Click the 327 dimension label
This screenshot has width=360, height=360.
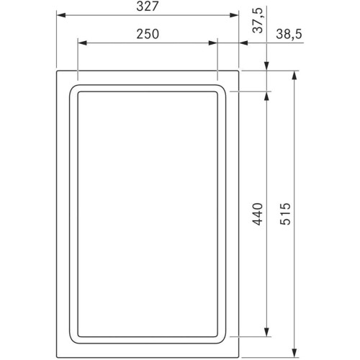click(x=148, y=6)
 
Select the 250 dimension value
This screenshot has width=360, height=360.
click(x=148, y=34)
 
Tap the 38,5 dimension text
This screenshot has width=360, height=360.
click(x=289, y=34)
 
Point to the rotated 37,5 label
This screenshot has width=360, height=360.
click(x=258, y=20)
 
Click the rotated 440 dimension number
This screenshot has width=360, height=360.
click(x=258, y=214)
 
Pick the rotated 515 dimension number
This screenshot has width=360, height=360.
click(x=286, y=214)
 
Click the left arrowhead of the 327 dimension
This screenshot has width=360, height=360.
click(x=61, y=15)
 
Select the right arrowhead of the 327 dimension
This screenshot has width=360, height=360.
click(x=234, y=15)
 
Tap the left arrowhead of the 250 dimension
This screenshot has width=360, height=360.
click(x=82, y=43)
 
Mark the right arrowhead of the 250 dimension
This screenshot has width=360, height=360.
click(x=213, y=43)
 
